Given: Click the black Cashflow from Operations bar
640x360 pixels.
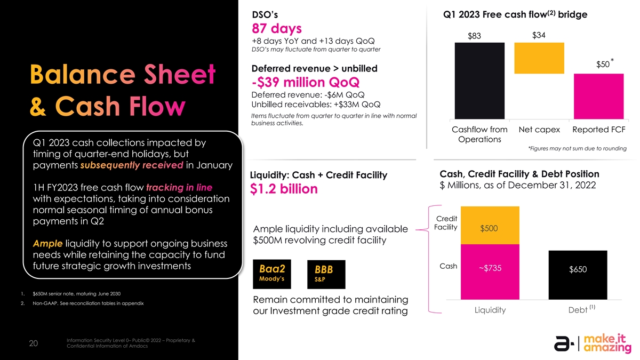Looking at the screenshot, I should point(479,81).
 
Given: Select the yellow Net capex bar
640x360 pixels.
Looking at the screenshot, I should point(539,58).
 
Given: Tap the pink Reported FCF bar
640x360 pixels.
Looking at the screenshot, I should point(598,97).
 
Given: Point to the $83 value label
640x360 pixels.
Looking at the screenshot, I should point(475,36).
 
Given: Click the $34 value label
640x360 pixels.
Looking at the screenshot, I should point(539,35).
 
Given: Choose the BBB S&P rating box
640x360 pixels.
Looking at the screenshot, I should point(326,273).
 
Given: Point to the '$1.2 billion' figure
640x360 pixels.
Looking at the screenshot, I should point(284,189).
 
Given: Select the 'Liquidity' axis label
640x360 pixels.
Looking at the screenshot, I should point(490,310).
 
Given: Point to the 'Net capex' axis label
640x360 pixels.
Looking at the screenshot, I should point(539,130).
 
